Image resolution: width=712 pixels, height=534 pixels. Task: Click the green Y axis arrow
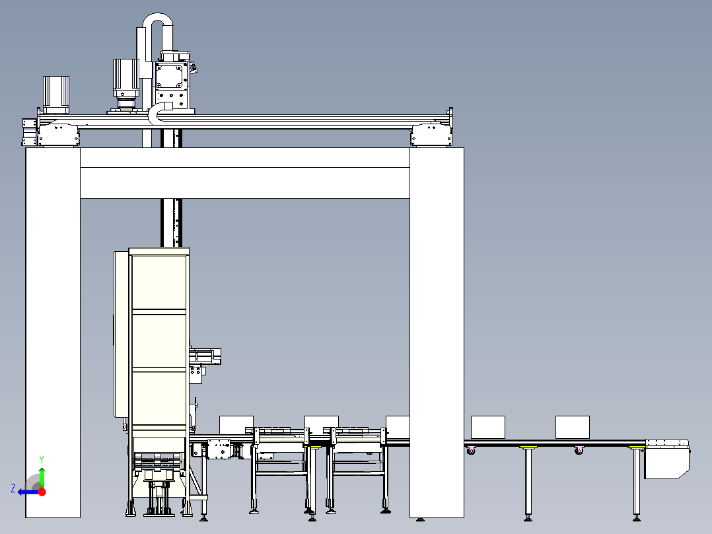[x=42, y=476]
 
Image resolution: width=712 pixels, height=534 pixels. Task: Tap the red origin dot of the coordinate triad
[x=41, y=491]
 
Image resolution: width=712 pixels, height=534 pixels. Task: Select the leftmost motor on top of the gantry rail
[x=56, y=92]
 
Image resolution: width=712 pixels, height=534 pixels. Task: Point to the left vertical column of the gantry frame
[x=53, y=330]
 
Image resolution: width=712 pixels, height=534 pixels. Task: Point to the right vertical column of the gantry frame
[x=436, y=330]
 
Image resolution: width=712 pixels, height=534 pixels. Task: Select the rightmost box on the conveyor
[x=572, y=427]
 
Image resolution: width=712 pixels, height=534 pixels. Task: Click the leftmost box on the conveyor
[x=236, y=424]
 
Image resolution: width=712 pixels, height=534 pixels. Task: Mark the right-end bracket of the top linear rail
[x=431, y=135]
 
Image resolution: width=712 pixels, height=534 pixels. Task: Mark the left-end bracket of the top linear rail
[x=58, y=135]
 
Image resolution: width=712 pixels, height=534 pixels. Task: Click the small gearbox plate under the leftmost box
[x=219, y=449]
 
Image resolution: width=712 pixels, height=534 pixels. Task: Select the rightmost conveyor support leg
[x=637, y=482]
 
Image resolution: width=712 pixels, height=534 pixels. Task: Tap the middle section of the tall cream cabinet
[x=159, y=342]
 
